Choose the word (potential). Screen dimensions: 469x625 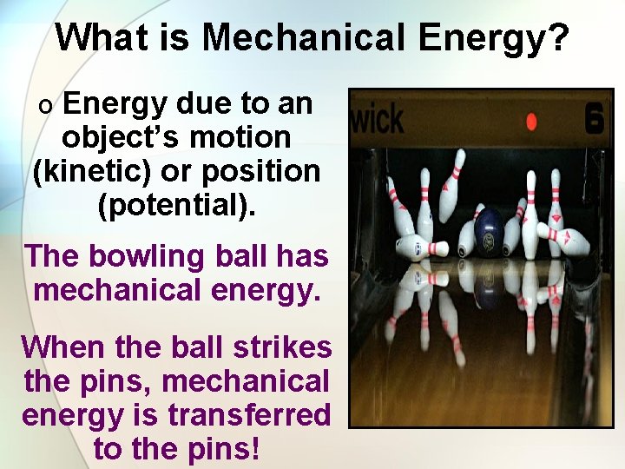[176, 206]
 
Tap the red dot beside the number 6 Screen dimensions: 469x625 [531, 122]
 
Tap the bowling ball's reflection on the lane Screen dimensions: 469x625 [490, 287]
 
